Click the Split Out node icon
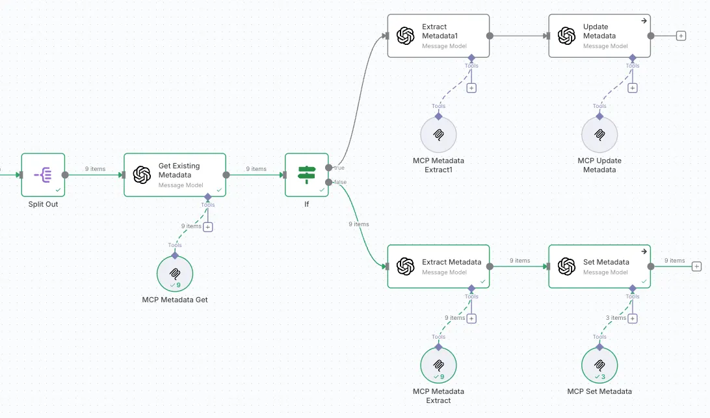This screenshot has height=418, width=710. click(x=43, y=174)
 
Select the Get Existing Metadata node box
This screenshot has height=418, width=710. click(x=175, y=175)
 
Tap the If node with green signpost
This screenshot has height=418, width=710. click(x=306, y=174)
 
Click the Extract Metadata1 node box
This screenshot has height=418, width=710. click(x=438, y=36)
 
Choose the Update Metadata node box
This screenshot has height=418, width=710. click(x=599, y=36)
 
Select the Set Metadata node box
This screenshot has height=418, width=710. click(x=599, y=267)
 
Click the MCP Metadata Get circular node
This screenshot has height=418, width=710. click(x=175, y=274)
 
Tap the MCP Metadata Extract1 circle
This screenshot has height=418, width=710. click(x=438, y=135)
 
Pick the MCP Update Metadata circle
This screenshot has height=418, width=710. click(x=599, y=135)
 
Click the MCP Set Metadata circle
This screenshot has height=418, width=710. click(x=599, y=365)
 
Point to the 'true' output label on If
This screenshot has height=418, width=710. click(x=339, y=168)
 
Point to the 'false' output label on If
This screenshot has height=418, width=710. click(x=340, y=182)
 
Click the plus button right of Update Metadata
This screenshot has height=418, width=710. click(x=681, y=36)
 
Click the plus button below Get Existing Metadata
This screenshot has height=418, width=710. click(x=208, y=227)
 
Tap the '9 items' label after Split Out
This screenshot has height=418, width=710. click(x=95, y=169)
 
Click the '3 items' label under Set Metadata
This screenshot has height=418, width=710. click(x=616, y=318)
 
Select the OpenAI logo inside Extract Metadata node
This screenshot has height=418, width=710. click(x=406, y=267)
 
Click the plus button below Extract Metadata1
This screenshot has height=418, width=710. click(x=471, y=88)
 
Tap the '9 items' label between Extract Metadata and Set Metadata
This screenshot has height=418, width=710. click(x=519, y=261)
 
